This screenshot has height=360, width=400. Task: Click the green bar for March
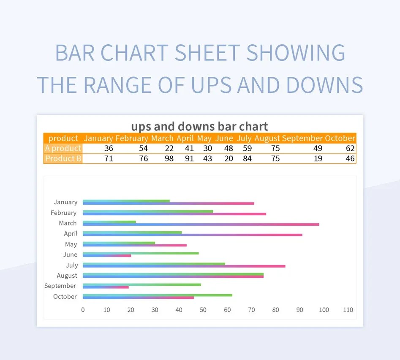[x=109, y=222]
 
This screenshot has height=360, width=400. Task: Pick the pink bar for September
[x=106, y=287]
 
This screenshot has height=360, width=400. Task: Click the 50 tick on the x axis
[x=203, y=310]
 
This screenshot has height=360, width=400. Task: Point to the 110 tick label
[x=348, y=310]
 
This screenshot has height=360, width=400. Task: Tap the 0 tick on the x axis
[x=83, y=310]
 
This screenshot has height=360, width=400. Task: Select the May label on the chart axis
[x=71, y=244]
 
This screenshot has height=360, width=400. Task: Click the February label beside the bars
[x=63, y=213]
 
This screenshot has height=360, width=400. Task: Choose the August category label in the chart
[x=67, y=276]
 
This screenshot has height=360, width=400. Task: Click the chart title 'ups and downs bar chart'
[x=199, y=126]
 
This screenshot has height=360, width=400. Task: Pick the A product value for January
[x=109, y=148]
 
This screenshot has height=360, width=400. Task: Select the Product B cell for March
[x=169, y=159]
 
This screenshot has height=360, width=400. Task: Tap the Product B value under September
[x=318, y=159]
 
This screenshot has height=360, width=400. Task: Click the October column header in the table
[x=340, y=138]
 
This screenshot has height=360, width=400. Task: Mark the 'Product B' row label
[x=63, y=159]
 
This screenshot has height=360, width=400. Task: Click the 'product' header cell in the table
[x=63, y=138]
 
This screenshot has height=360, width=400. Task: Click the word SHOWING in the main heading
[x=296, y=53]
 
